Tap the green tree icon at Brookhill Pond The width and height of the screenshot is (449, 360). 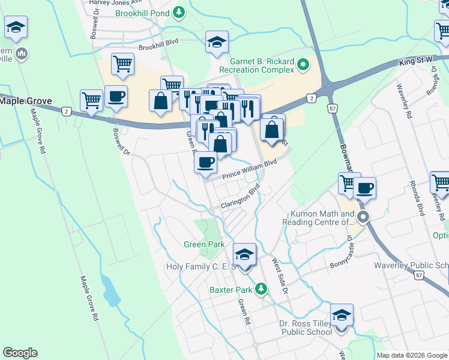coord(178,11)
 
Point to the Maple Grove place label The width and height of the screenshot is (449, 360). coord(26,101)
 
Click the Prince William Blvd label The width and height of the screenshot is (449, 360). coord(249,170)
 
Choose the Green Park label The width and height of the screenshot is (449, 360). coord(204,244)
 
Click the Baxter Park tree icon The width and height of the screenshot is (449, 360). coord(261,290)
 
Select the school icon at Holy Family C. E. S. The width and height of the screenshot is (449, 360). coord(244,255)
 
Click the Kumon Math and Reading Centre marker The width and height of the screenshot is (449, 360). coord(362,217)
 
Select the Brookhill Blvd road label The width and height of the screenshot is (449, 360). coord(159,46)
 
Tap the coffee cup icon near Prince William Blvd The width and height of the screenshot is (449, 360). coord(206,161)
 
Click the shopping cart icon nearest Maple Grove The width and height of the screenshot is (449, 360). coord(92,100)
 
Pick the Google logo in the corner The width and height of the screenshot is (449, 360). coord(20,353)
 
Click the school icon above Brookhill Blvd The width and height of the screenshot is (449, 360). coord(217,42)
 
